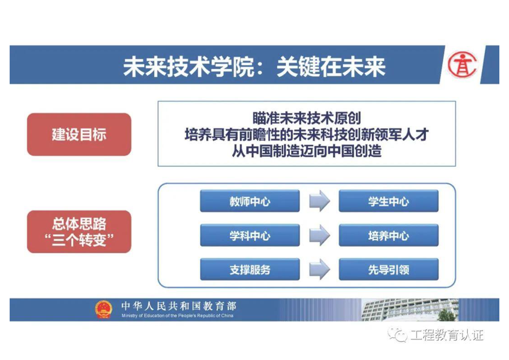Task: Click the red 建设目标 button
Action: tap(79, 134)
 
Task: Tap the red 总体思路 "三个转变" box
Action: tap(79, 232)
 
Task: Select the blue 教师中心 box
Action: tap(250, 201)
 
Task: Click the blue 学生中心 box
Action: tap(389, 201)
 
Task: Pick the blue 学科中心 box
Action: tap(250, 235)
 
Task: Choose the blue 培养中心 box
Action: tap(389, 235)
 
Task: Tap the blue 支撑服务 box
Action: tap(250, 269)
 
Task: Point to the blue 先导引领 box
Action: tap(389, 269)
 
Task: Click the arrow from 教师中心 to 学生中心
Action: tap(319, 201)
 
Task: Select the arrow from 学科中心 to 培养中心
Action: tap(319, 235)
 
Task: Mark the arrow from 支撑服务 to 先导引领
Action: tap(319, 269)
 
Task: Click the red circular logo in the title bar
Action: tap(462, 65)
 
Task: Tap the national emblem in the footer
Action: tap(103, 309)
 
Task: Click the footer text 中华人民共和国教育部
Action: tap(179, 306)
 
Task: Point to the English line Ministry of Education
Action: tap(177, 316)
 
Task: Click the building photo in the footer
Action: tap(410, 310)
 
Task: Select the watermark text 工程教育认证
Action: tap(447, 335)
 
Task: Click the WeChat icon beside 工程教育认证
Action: tap(398, 335)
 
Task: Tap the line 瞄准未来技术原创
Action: tap(307, 118)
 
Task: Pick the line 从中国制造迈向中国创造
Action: tap(307, 151)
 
